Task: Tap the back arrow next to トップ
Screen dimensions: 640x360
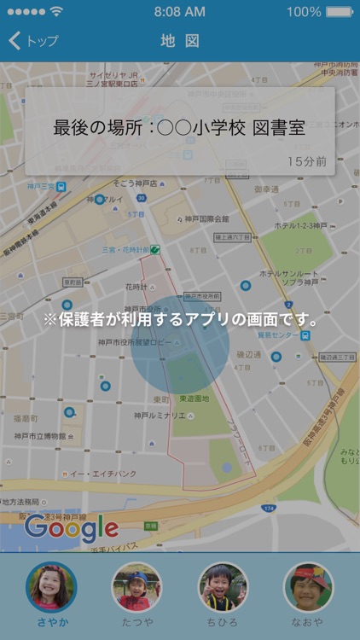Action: [14, 41]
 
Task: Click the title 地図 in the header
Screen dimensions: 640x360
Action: [180, 41]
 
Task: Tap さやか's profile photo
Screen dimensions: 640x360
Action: [51, 586]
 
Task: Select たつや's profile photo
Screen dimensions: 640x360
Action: [136, 586]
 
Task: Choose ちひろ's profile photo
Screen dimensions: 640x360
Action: [223, 586]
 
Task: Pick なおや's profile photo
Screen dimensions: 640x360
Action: [308, 586]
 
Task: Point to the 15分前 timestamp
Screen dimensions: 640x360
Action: [306, 160]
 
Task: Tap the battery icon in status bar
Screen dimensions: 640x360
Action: [339, 12]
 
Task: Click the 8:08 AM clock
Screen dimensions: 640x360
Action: [179, 12]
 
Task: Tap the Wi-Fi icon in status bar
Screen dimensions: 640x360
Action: [56, 12]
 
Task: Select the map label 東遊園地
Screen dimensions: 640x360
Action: [194, 399]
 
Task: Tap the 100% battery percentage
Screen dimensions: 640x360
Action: [304, 12]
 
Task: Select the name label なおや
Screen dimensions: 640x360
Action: [308, 622]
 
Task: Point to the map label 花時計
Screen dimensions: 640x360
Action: [137, 288]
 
